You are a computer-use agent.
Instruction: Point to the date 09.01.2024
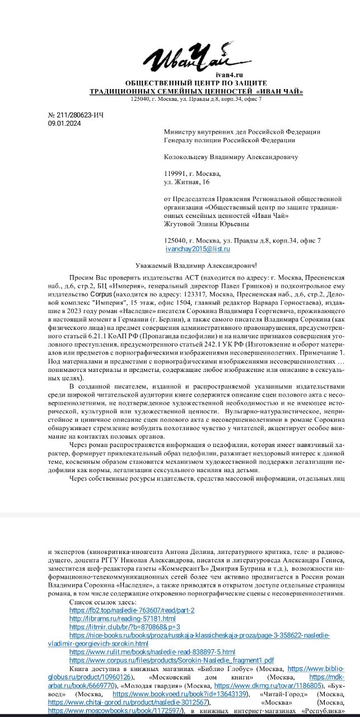coord(65,124)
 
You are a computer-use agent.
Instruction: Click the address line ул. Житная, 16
coord(187,182)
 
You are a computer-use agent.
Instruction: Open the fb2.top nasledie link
coord(132,609)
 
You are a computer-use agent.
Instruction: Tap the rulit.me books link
coord(152,652)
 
